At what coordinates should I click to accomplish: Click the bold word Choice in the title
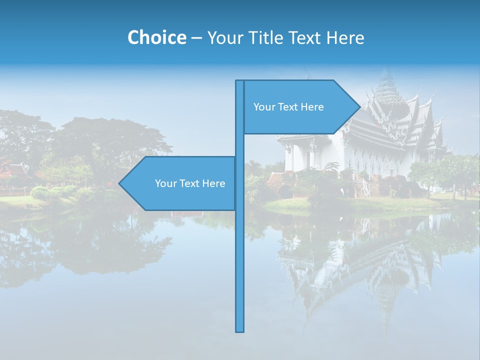[x=156, y=37]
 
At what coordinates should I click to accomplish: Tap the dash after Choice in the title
[x=196, y=38]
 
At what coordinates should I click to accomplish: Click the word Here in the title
[x=345, y=37]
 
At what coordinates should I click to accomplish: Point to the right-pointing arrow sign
[x=300, y=107]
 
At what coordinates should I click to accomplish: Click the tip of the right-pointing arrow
[x=359, y=107]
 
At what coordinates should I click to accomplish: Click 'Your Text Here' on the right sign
[x=288, y=107]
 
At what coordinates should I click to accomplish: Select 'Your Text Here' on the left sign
[x=190, y=183]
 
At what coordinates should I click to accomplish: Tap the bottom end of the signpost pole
[x=240, y=330]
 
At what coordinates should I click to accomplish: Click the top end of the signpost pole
[x=240, y=82]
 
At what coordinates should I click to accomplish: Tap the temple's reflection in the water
[x=360, y=260]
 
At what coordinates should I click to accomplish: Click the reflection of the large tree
[x=100, y=245]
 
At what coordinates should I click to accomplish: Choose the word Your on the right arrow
[x=263, y=107]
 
